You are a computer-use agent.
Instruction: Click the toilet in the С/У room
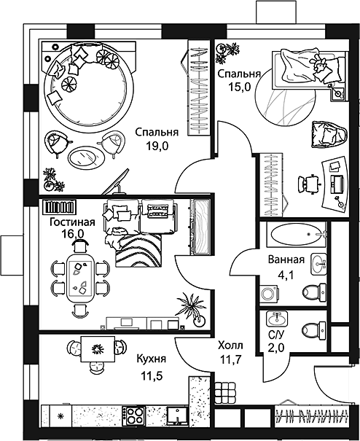point(314,329)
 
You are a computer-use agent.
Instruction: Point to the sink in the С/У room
point(278,319)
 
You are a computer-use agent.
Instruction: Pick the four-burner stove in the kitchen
point(134,415)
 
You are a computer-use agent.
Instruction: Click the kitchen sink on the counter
point(177,415)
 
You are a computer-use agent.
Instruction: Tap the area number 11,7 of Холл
point(230,359)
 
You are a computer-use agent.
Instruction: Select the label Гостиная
point(72,222)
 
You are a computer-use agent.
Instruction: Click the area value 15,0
point(239,87)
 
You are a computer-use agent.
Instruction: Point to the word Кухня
point(152,359)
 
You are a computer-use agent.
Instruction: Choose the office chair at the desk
point(310,184)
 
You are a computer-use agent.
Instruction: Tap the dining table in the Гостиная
point(80,278)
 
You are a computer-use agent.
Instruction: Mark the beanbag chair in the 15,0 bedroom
point(329,134)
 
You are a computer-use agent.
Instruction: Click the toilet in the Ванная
point(314,292)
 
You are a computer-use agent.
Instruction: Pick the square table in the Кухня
point(98,350)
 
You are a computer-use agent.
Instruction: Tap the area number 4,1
point(286,275)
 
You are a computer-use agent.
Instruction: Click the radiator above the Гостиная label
point(59,207)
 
